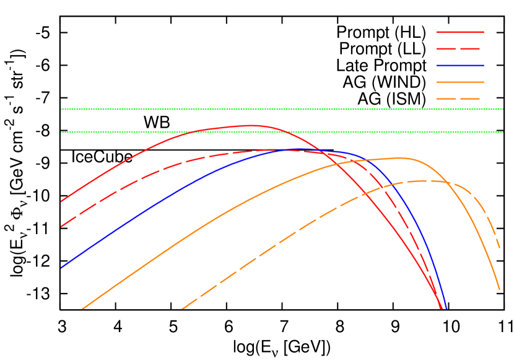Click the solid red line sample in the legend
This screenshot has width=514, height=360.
(460, 32)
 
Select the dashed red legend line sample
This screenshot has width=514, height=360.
(460, 48)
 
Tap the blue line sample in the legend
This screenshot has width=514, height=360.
(460, 65)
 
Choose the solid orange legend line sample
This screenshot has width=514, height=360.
(460, 82)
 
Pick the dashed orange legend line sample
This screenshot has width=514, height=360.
(460, 99)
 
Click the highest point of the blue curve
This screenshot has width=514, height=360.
(291, 149)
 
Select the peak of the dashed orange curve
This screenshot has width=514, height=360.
(427, 180)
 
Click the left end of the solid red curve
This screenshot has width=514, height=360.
(61, 201)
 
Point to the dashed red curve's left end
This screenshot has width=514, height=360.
(61, 226)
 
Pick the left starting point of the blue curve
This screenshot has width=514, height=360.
(61, 267)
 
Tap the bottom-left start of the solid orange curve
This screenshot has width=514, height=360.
(82, 309)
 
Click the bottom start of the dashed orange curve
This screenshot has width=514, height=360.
(182, 309)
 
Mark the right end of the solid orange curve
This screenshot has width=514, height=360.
(499, 289)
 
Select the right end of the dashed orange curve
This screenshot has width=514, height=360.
(499, 248)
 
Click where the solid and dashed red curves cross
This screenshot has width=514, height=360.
(313, 150)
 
